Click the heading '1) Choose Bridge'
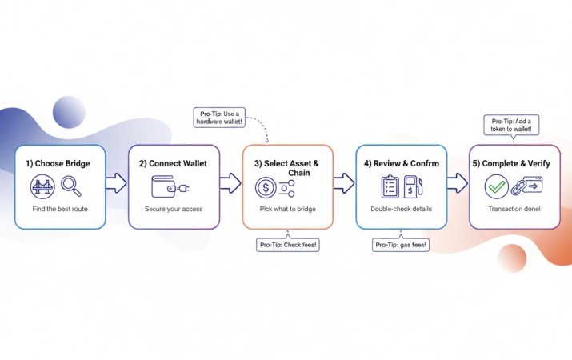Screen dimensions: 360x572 58,163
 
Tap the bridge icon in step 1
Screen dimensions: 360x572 43,187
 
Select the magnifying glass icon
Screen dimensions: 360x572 72,187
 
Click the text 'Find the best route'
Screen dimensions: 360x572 58,210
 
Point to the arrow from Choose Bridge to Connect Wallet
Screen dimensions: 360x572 116,183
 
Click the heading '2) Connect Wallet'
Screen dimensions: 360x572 173,163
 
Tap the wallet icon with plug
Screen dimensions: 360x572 170,187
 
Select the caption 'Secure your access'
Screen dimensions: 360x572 173,210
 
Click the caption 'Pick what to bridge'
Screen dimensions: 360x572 286,210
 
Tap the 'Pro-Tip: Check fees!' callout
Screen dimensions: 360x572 287,245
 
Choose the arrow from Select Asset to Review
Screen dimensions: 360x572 343,183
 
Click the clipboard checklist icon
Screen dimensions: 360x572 390,187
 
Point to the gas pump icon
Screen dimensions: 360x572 413,188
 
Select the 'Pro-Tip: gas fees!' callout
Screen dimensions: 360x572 402,245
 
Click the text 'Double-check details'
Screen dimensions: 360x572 402,210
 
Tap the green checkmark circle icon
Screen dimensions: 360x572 497,187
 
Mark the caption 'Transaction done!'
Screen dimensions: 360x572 515,210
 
